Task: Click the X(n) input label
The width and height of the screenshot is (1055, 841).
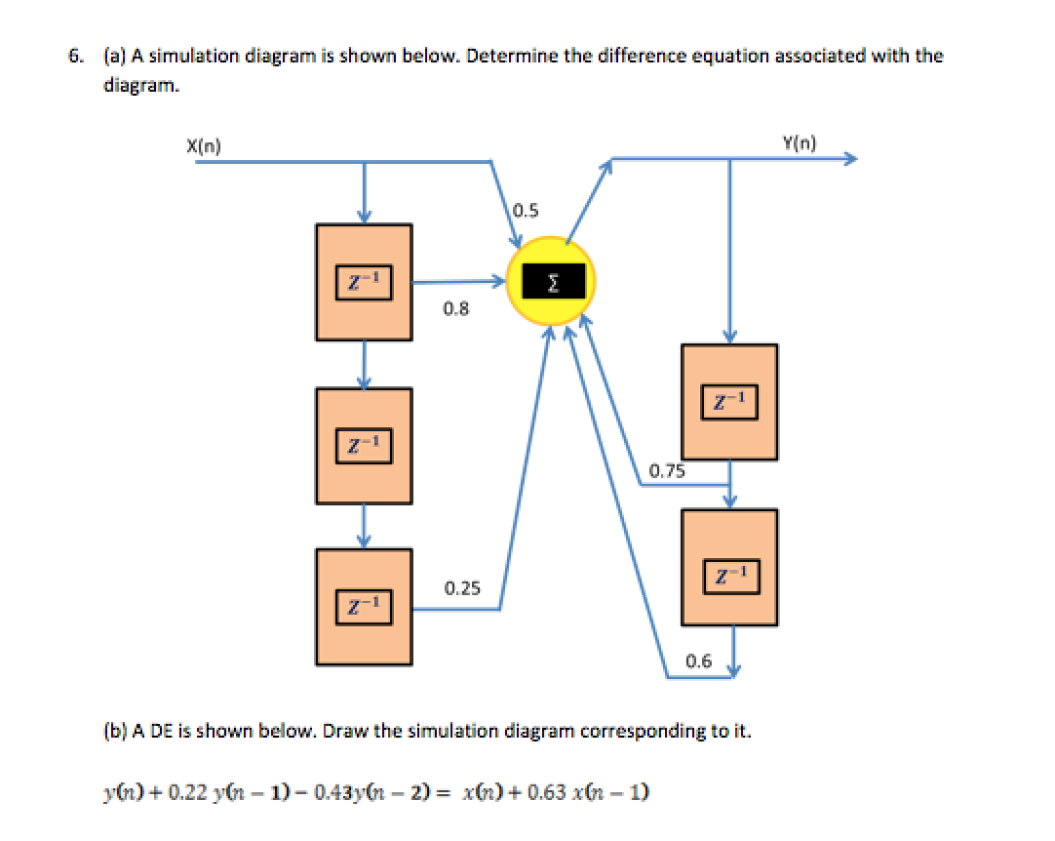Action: point(203,145)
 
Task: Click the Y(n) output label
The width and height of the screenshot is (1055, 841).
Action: point(800,142)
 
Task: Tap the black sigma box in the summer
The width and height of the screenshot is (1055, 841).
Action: point(553,281)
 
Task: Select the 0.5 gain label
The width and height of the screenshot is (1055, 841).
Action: point(526,211)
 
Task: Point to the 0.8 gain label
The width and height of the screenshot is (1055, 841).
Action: point(455,308)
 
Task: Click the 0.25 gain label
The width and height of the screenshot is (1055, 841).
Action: point(462,588)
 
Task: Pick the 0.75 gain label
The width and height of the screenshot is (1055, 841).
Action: point(667,470)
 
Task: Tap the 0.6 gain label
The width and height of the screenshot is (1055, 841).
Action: point(698,661)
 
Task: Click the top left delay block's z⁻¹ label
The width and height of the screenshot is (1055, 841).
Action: point(364,283)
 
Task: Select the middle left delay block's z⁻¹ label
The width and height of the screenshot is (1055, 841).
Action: point(364,446)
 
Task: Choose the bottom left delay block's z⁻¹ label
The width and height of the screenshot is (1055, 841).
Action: point(364,607)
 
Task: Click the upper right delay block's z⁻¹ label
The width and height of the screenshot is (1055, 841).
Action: point(729,402)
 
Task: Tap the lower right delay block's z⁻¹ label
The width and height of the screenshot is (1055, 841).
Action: point(731,577)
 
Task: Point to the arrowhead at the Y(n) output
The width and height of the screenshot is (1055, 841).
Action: point(852,159)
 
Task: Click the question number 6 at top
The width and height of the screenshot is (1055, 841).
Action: point(75,56)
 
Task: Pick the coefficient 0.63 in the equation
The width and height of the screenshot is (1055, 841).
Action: point(546,792)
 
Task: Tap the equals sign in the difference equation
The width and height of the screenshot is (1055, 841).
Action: point(442,792)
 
